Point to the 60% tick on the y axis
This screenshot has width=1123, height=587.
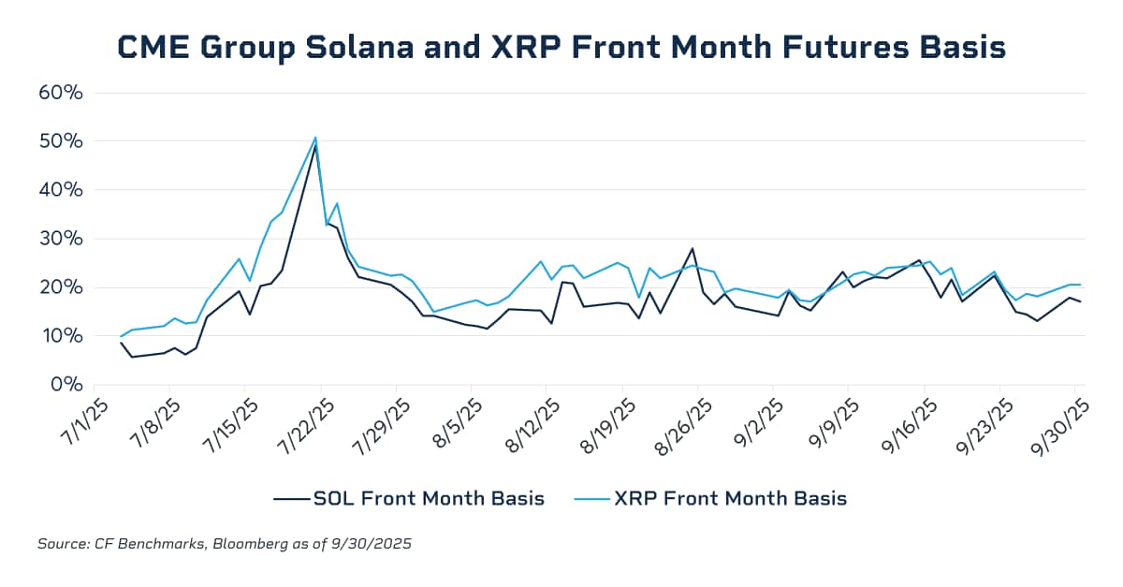point(62,93)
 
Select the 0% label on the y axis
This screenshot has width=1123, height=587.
point(67,384)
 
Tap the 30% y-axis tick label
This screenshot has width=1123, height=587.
point(62,238)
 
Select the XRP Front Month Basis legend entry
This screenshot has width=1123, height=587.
point(730,498)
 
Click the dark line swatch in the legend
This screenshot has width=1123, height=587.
point(291,499)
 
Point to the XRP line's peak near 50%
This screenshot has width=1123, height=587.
point(315,138)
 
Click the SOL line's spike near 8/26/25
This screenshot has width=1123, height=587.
point(693,248)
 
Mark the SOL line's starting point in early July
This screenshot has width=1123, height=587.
point(121,343)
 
